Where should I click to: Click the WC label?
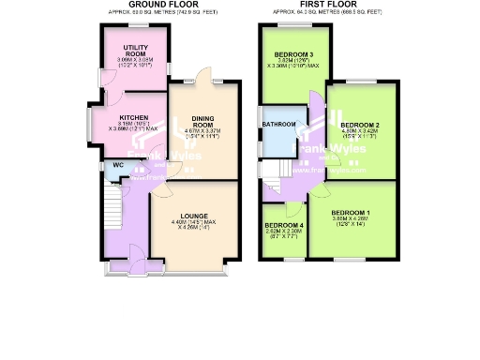pyautogui.click(x=117, y=166)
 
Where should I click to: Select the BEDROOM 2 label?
pyautogui.click(x=359, y=125)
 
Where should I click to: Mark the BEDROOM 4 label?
pyautogui.click(x=284, y=227)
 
